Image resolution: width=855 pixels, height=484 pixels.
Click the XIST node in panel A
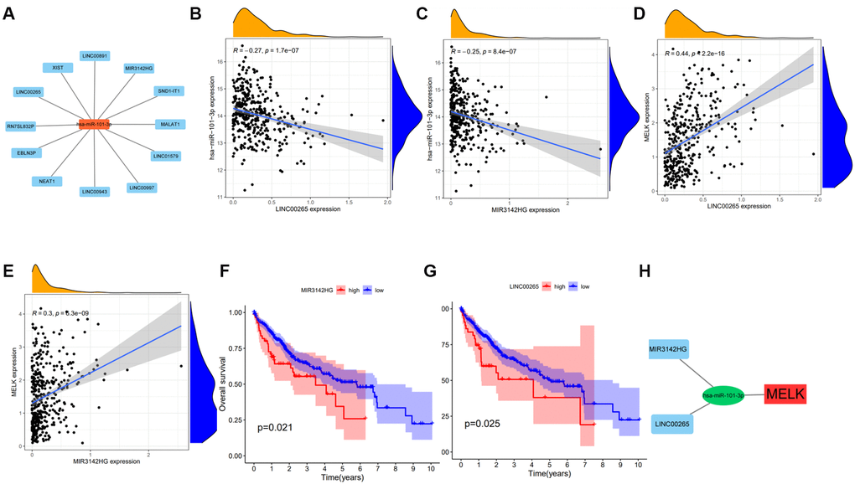pos(59,67)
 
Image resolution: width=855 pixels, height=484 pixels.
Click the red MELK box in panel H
pos(790,391)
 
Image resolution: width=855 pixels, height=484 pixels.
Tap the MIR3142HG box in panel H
pos(673,347)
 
